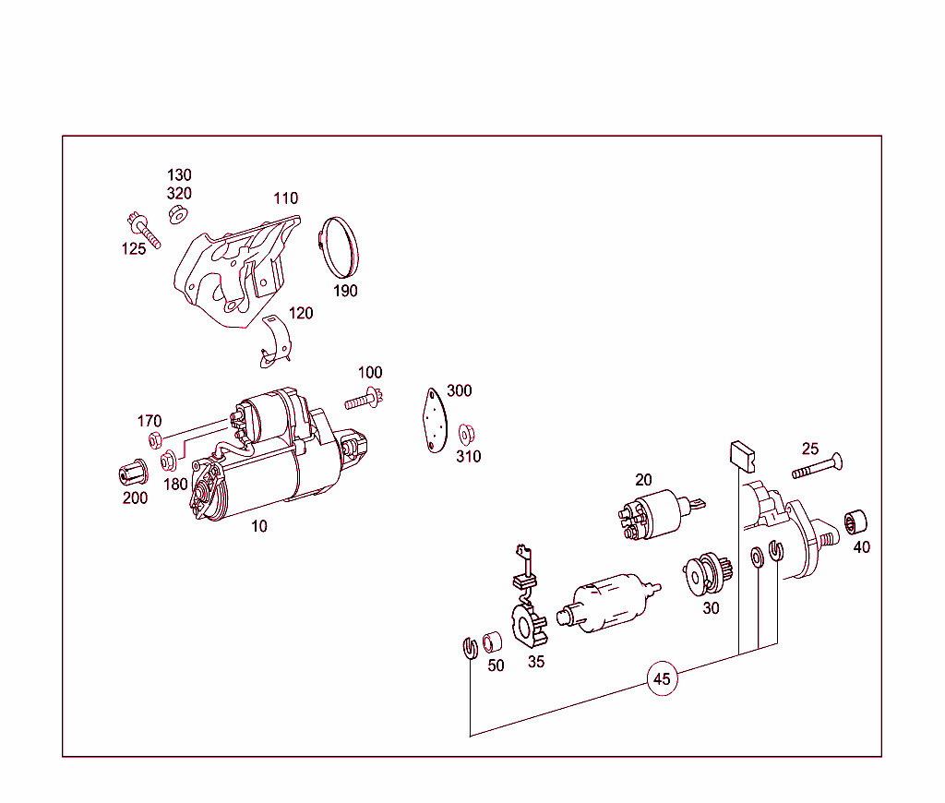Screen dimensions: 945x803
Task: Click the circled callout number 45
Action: point(662,678)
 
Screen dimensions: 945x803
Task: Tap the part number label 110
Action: point(286,198)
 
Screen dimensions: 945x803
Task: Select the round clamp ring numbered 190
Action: point(339,247)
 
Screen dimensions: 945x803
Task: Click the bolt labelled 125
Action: point(144,230)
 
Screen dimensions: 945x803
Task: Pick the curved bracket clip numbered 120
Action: point(277,342)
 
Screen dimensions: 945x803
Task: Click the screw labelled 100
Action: point(364,399)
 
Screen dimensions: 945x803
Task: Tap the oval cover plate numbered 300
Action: point(435,420)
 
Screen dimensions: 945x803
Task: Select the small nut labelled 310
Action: point(466,434)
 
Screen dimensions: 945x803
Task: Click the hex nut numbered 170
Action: point(155,440)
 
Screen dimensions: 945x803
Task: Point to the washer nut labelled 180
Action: point(169,461)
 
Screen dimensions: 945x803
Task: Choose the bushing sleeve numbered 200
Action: point(133,473)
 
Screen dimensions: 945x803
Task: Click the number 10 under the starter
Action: point(259,526)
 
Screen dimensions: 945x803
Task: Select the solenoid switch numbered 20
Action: point(657,513)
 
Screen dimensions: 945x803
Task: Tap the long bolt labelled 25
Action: point(818,467)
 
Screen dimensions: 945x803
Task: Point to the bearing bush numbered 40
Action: point(855,522)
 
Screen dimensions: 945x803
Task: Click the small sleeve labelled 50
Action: point(493,642)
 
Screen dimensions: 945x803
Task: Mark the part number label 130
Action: point(179,174)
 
